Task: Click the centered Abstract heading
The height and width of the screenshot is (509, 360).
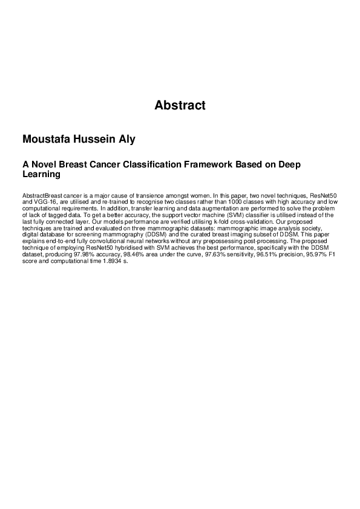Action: click(180, 106)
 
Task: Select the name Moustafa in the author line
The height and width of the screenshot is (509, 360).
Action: click(48, 140)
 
